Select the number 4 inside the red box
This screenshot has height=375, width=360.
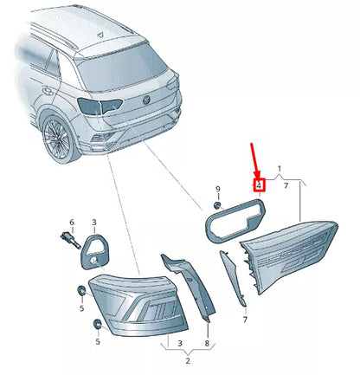258,184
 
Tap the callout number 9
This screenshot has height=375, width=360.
218,189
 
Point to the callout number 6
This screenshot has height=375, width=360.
72,223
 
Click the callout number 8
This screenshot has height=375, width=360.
206,343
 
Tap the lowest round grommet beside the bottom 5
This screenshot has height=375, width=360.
97,327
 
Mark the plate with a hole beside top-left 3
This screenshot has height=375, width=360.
96,248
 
